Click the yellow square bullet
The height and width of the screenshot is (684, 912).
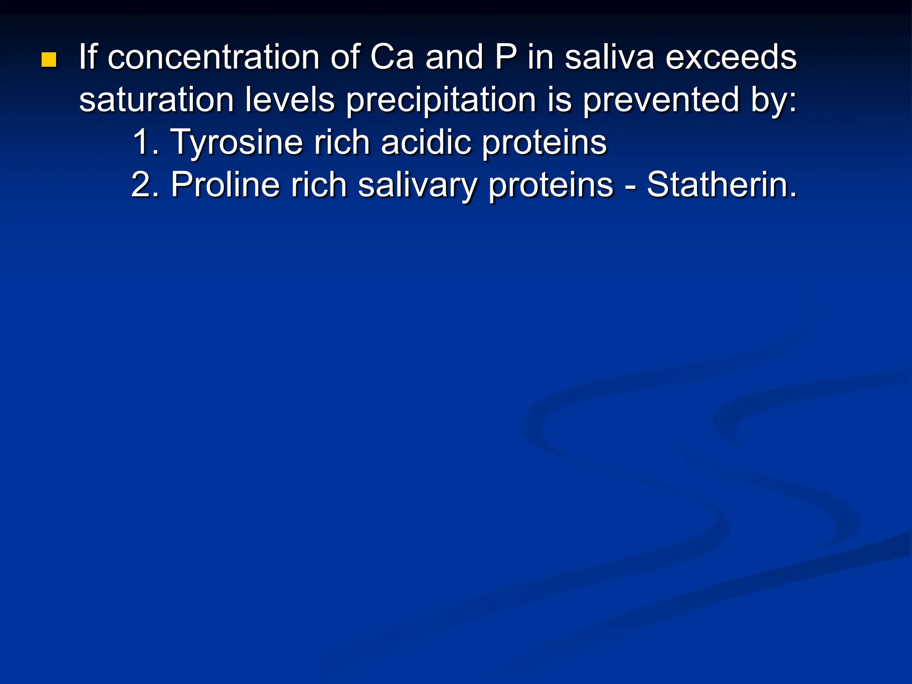click(x=49, y=60)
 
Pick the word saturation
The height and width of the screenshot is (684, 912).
click(x=156, y=100)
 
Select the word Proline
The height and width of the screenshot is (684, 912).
click(x=225, y=185)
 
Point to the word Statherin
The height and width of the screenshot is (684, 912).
click(x=721, y=185)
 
